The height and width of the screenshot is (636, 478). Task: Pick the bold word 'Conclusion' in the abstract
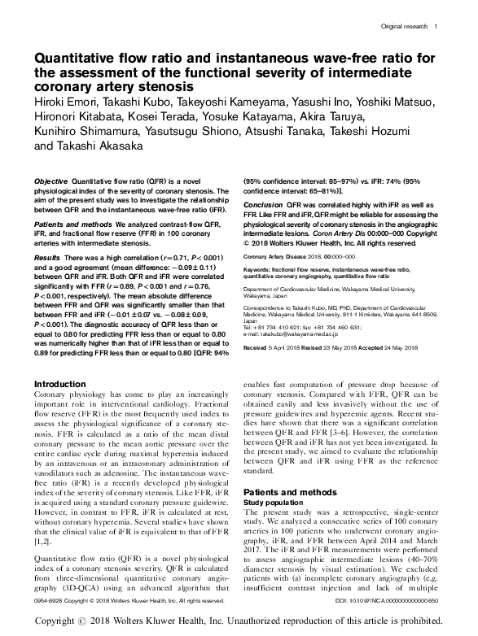(262, 204)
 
